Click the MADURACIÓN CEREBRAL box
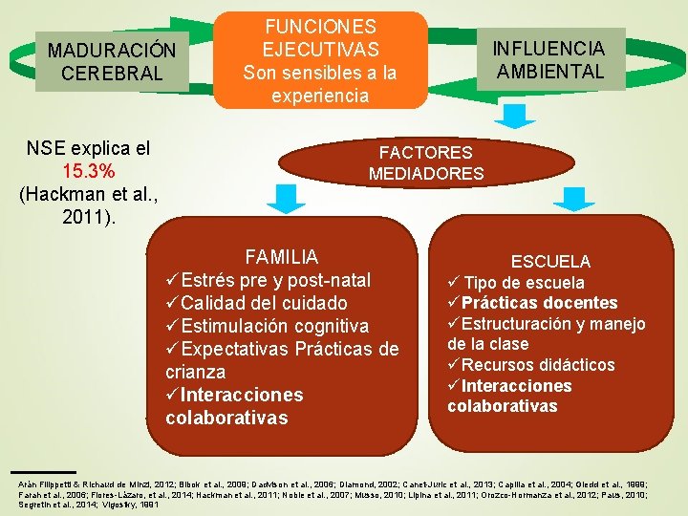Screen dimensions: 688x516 (x=112, y=60)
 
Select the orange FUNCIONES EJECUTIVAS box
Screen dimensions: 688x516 (x=320, y=59)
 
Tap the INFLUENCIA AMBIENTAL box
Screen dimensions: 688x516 (x=548, y=59)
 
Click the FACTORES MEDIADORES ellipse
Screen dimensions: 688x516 (x=425, y=162)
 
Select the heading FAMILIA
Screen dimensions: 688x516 (x=281, y=257)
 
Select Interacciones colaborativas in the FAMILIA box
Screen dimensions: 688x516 (x=234, y=406)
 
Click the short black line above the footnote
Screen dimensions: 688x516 (x=42, y=472)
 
